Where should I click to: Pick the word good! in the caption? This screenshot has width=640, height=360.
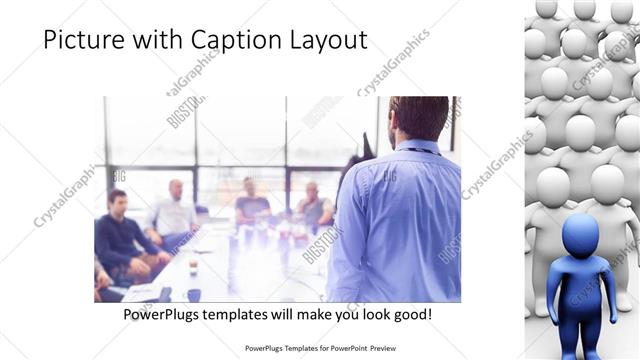coord(412,315)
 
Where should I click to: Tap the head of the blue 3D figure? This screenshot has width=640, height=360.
coord(580,234)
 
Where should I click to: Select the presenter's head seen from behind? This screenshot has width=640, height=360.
coord(419,117)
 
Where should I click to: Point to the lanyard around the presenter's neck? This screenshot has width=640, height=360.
coord(419,150)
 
